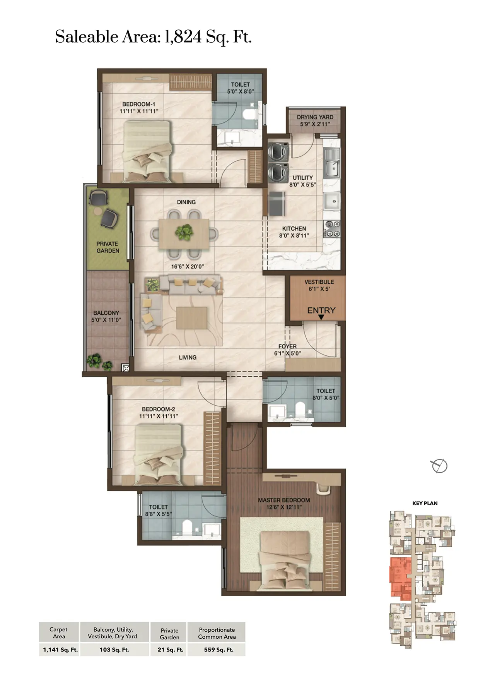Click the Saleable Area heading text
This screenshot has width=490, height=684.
tap(153, 37)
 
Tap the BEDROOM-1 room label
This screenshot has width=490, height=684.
tap(139, 104)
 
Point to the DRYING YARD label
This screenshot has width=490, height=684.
tap(315, 117)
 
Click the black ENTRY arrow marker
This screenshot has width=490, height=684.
tap(321, 317)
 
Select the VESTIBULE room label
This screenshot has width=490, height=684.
tap(319, 282)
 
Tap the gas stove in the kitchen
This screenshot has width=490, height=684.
tap(332, 229)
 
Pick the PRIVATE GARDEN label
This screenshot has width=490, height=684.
tap(108, 247)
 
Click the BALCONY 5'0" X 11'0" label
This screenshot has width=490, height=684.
tap(106, 316)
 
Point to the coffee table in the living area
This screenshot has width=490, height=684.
tap(192, 318)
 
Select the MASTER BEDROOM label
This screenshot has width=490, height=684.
tap(284, 500)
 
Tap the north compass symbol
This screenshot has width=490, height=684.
tap(439, 466)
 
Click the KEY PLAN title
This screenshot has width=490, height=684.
tap(425, 503)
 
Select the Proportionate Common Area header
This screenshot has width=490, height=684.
tap(217, 633)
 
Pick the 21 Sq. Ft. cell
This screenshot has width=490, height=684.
tap(170, 650)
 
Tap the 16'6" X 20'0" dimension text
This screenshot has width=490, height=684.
tap(187, 266)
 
